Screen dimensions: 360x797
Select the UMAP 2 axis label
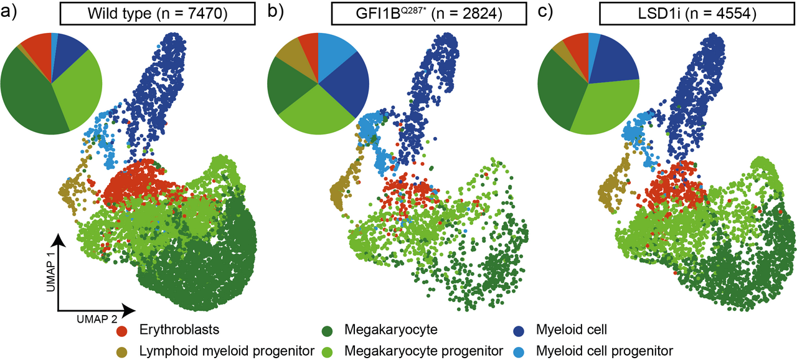pyautogui.click(x=98, y=318)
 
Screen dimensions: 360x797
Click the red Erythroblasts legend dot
pyautogui.click(x=123, y=331)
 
